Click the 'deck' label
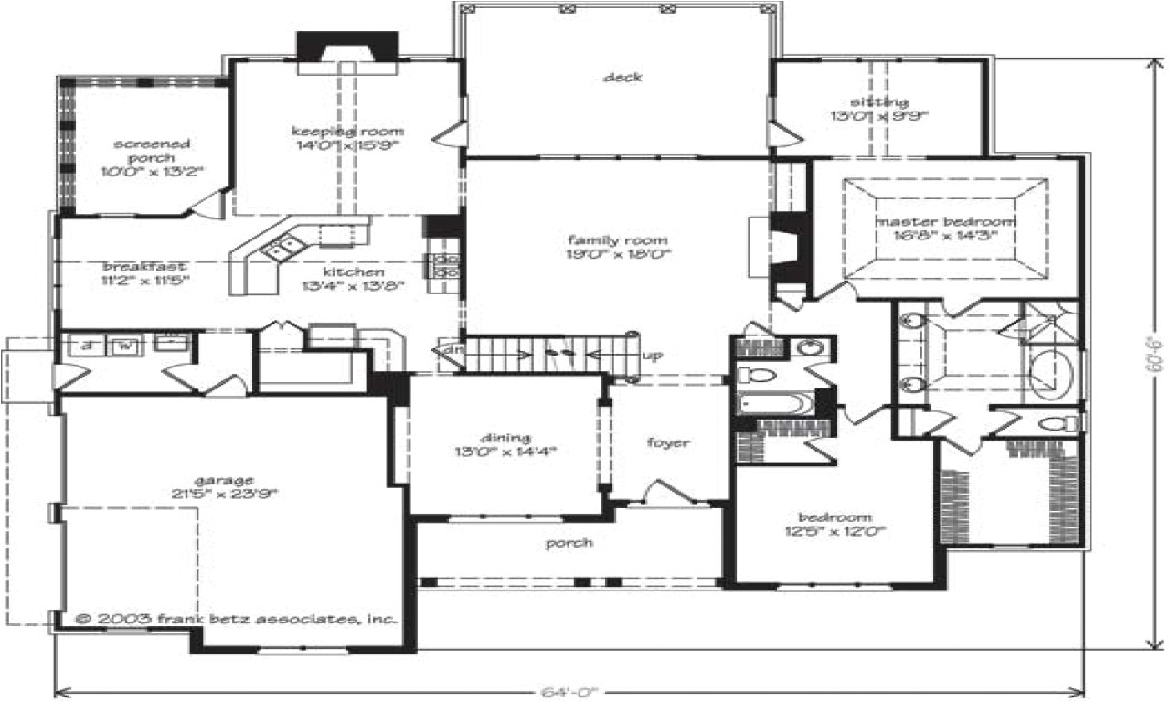click(622, 78)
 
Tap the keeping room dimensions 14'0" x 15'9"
click(346, 144)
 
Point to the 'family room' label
click(619, 240)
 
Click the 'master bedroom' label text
click(945, 222)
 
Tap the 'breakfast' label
click(145, 266)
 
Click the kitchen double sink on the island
click(281, 246)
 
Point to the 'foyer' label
click(668, 443)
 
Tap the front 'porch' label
click(569, 543)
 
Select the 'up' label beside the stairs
click(652, 355)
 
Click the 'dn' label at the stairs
click(451, 350)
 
